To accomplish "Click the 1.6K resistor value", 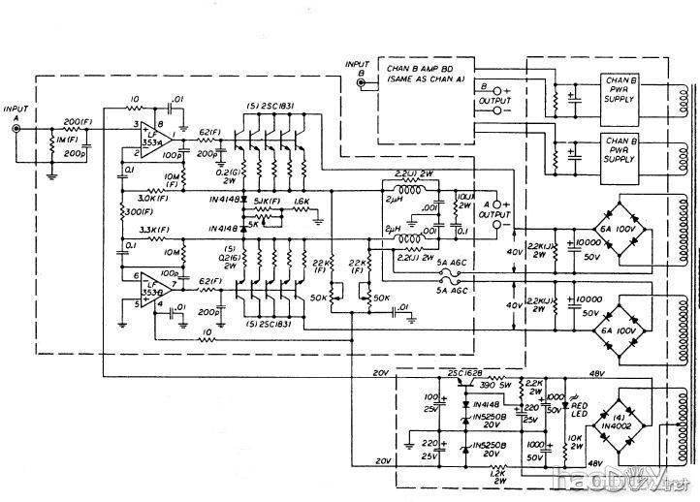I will [301, 202].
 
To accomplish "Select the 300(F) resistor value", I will [136, 211].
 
